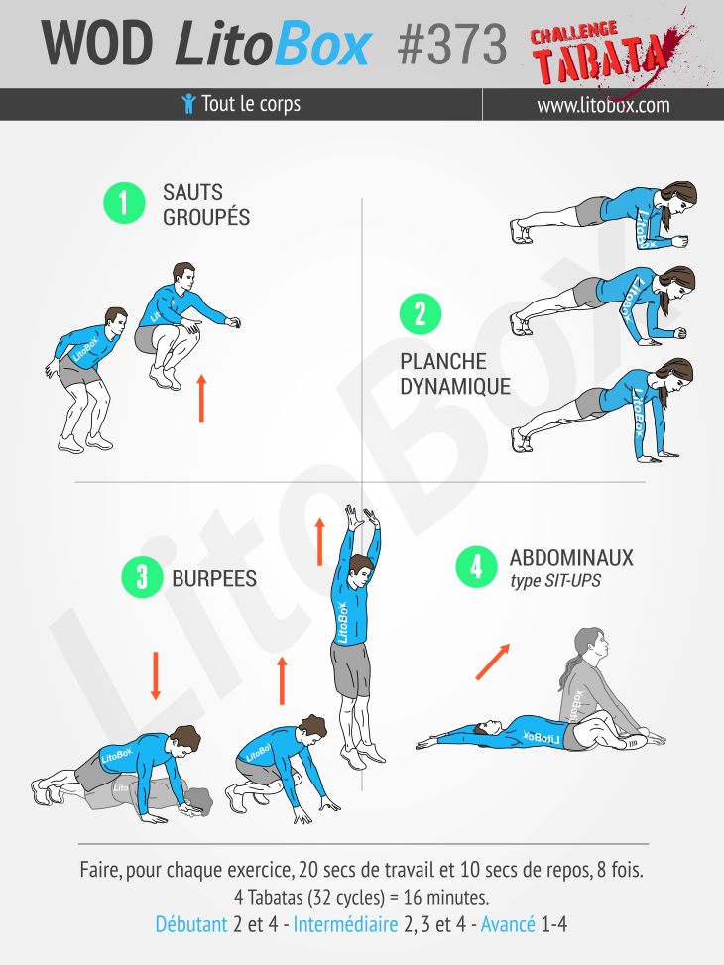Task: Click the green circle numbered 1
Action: click(x=124, y=203)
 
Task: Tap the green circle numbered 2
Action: click(x=421, y=313)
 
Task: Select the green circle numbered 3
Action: click(x=142, y=577)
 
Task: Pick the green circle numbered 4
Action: click(x=476, y=567)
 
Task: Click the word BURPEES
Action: click(x=214, y=578)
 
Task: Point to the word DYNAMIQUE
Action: click(x=455, y=387)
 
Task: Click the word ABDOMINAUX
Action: click(x=571, y=558)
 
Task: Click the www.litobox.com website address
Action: click(x=603, y=105)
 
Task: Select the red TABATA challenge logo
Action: click(x=606, y=51)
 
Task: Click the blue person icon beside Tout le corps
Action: click(x=189, y=104)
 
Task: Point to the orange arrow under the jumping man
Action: click(x=201, y=398)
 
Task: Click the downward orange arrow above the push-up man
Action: click(x=155, y=675)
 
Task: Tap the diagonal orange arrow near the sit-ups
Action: click(x=493, y=662)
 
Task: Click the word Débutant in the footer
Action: click(x=190, y=924)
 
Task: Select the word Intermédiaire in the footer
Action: click(x=345, y=924)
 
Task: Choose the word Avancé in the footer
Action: click(x=508, y=924)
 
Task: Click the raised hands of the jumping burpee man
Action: click(x=362, y=517)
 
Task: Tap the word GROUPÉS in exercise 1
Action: click(x=206, y=218)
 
